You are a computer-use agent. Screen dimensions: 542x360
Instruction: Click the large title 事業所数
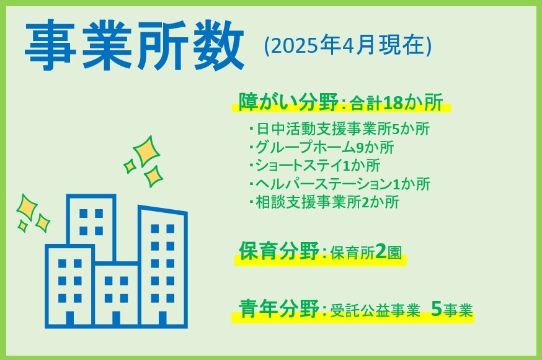tap(135, 45)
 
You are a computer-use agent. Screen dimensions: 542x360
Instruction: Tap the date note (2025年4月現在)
tap(348, 45)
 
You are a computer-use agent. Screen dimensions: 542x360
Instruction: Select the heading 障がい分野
tap(288, 102)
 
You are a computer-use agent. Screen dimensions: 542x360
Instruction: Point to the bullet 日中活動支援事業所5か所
tap(339, 129)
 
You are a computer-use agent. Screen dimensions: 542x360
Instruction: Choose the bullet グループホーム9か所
tap(321, 147)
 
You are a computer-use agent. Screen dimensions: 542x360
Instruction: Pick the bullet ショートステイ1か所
tap(314, 165)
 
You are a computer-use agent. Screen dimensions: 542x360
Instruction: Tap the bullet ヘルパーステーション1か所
tap(339, 184)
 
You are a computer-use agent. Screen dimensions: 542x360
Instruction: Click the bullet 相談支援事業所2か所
tap(324, 202)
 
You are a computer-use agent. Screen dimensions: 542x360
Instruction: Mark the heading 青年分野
tap(278, 308)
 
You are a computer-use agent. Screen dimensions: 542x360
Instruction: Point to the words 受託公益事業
tap(375, 310)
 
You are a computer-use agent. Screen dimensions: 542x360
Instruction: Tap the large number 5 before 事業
tap(437, 309)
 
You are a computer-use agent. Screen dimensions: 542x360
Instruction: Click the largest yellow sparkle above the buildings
tap(146, 151)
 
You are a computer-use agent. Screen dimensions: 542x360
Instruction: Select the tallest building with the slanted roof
tap(163, 267)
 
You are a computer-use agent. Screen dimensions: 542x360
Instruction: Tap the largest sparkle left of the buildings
tap(27, 207)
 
